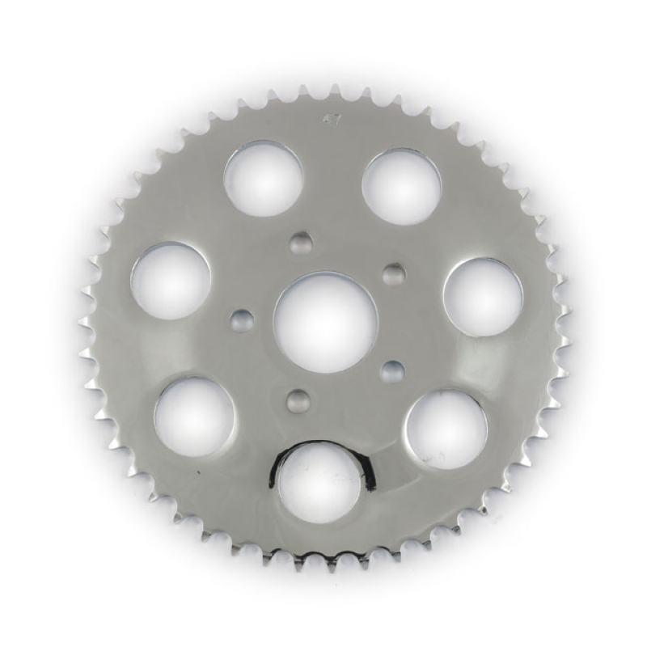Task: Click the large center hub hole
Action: [325, 322]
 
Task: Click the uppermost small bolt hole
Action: [300, 242]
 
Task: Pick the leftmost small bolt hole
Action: [242, 320]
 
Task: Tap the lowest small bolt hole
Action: [298, 400]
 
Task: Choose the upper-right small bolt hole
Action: [393, 275]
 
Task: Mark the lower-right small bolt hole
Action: [392, 372]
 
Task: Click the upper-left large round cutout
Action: [263, 179]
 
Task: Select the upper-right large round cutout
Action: [401, 187]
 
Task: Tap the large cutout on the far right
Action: [483, 297]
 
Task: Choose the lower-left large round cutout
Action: [194, 417]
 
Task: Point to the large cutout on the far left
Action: [171, 280]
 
